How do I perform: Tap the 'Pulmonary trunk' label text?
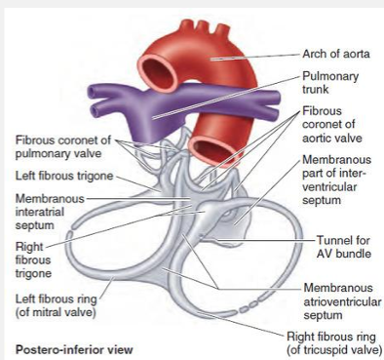pos(330,83)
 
